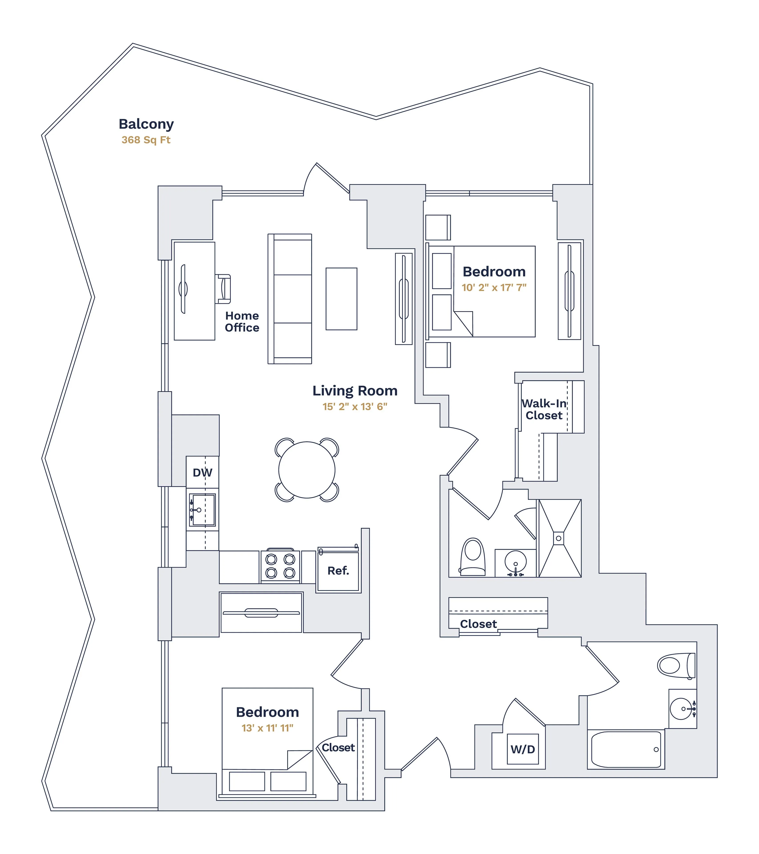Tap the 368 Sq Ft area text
click(x=146, y=140)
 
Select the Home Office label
click(x=242, y=322)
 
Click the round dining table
click(x=307, y=470)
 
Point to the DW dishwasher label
click(x=202, y=473)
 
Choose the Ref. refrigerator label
click(x=338, y=571)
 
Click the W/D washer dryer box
click(x=523, y=749)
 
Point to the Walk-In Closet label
click(x=544, y=409)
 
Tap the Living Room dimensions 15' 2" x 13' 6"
click(x=355, y=407)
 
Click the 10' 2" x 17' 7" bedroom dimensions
click(x=494, y=288)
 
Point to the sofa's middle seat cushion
click(x=293, y=299)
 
